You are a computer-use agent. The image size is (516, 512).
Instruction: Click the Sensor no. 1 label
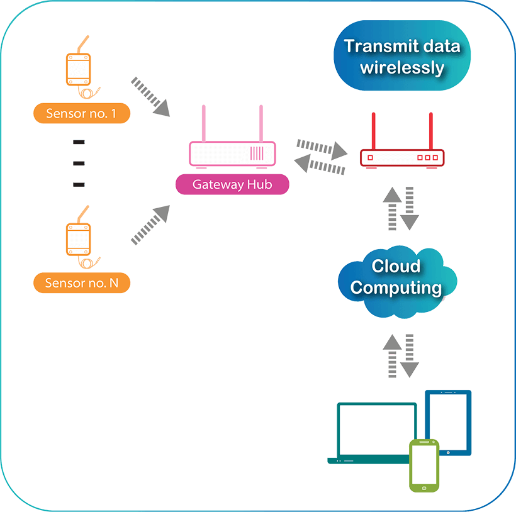point(82,114)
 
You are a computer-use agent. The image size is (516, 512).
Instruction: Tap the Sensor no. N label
point(82,283)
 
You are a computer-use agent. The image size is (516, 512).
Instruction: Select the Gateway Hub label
point(232,184)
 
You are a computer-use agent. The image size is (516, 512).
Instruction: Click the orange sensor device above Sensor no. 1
point(80,70)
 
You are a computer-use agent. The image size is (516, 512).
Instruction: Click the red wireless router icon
point(402,157)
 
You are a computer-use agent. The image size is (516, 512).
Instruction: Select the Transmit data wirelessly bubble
point(402,57)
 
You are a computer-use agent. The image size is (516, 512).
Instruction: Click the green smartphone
point(423,465)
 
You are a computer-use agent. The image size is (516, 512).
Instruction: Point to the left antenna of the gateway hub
point(204,123)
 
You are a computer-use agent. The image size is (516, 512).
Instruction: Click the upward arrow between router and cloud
point(392,208)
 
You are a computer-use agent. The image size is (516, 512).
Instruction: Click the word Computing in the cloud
point(396,288)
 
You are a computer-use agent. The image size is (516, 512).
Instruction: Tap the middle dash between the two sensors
point(79,164)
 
